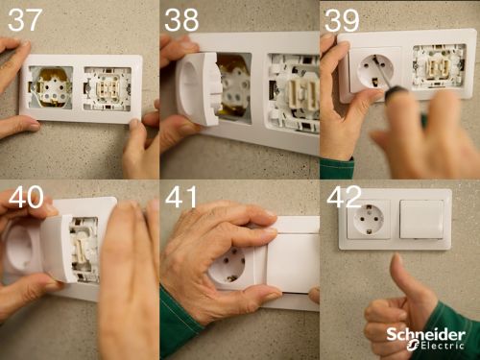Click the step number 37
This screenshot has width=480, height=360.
pos(25,20)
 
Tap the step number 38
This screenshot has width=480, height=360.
pos(181,20)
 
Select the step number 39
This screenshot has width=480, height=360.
pos(342,20)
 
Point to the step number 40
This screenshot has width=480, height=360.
pos(26,197)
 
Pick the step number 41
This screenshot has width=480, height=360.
pos(181,197)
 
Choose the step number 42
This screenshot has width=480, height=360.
pos(345,197)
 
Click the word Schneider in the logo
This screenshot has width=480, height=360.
pos(426,335)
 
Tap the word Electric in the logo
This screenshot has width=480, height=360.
pos(443,346)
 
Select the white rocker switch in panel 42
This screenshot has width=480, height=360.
pos(421,219)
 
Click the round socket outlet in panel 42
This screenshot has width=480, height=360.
pos(369,219)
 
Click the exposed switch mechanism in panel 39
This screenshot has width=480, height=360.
pos(439,66)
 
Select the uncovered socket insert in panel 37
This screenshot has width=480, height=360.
pos(51,87)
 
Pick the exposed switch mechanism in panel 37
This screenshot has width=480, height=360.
pos(108,89)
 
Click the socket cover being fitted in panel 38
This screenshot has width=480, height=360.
pos(199,89)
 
